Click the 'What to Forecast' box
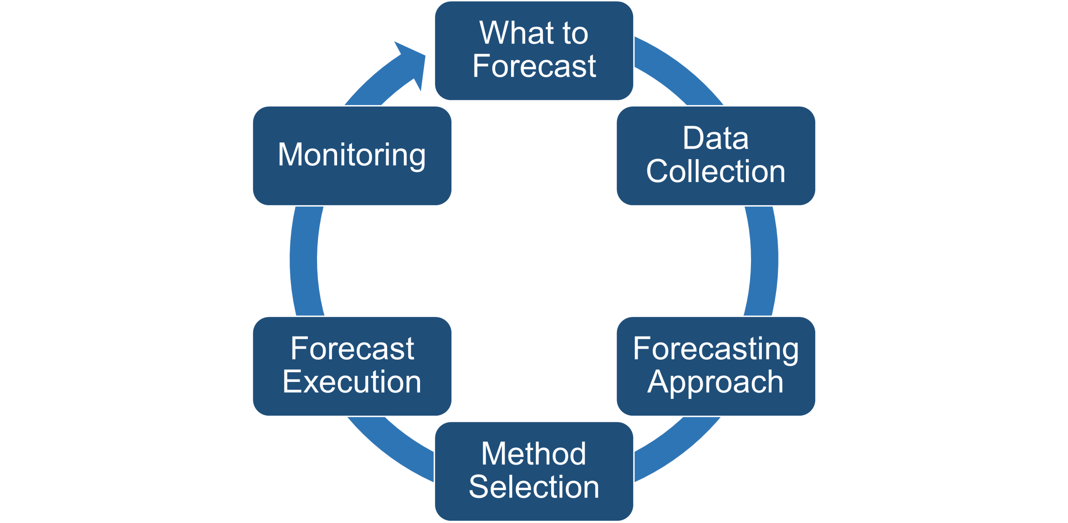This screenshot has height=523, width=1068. click(x=534, y=51)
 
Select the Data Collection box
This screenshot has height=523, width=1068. click(x=716, y=155)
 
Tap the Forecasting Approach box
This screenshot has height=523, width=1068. click(x=716, y=366)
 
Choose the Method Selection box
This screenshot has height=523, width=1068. click(x=534, y=471)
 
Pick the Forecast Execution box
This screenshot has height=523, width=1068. click(x=352, y=366)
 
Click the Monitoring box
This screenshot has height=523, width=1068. click(x=352, y=155)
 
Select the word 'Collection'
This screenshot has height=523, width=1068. click(x=716, y=171)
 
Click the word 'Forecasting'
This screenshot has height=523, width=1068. click(x=716, y=349)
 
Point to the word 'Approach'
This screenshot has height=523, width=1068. click(x=715, y=382)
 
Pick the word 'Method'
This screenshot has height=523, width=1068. click(x=534, y=454)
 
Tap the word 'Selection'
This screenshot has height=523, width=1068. click(x=534, y=487)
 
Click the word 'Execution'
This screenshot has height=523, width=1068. click(x=352, y=382)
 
